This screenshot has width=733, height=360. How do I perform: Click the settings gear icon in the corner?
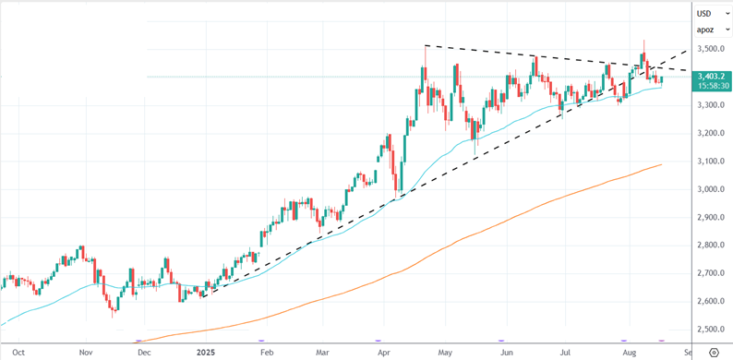714,352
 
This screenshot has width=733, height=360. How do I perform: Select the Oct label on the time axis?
18,352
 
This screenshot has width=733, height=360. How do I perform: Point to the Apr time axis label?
384,352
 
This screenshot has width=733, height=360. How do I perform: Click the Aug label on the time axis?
630,352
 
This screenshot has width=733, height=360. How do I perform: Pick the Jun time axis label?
506,352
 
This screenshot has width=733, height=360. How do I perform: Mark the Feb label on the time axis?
267,352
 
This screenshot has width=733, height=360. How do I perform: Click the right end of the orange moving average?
662,164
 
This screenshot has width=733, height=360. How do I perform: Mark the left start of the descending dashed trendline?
425,45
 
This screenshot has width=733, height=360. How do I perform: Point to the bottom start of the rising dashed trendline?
202,297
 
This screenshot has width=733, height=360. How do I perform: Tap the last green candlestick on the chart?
662,80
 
